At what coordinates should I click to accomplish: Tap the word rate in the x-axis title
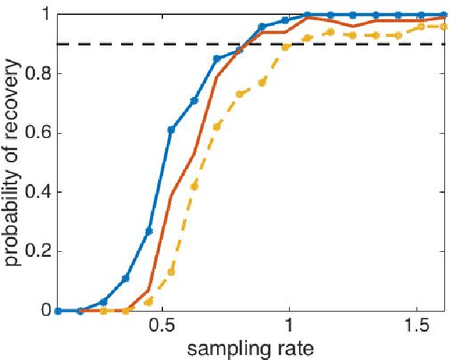[292, 349]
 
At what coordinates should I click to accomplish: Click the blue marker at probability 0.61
[171, 129]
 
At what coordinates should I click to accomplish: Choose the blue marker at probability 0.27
[149, 231]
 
